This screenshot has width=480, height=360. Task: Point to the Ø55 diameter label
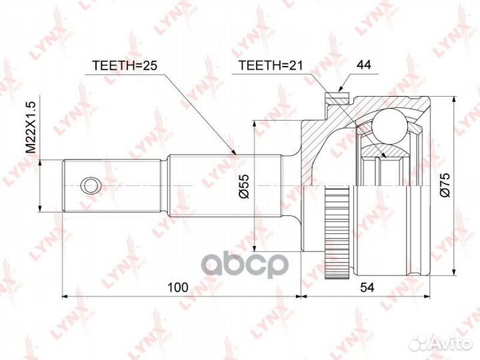pos(244,185)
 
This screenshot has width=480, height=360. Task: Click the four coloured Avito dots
pos(419,343)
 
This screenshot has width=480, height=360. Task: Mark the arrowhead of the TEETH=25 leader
pos(235,154)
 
